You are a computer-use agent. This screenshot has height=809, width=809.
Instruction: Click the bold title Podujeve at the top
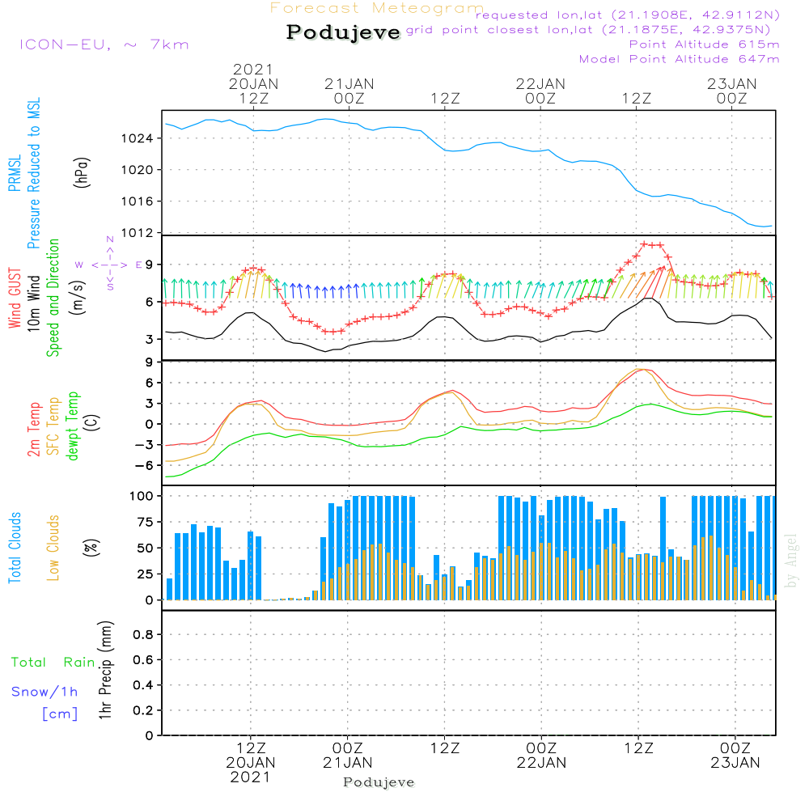pos(343,32)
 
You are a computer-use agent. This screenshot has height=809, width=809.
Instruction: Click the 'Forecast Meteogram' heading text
pos(377,8)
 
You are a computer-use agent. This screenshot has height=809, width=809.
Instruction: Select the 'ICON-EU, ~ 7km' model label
pos(104,44)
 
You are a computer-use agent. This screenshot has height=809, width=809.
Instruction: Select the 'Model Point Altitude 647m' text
pos(680,59)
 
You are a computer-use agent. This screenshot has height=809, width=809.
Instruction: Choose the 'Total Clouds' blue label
pos(15,548)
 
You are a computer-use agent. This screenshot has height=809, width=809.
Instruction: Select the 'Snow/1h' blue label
pos(44,692)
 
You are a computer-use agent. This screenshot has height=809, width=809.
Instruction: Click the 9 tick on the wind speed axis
pos(149,265)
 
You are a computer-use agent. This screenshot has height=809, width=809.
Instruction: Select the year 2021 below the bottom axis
pos(251,777)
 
